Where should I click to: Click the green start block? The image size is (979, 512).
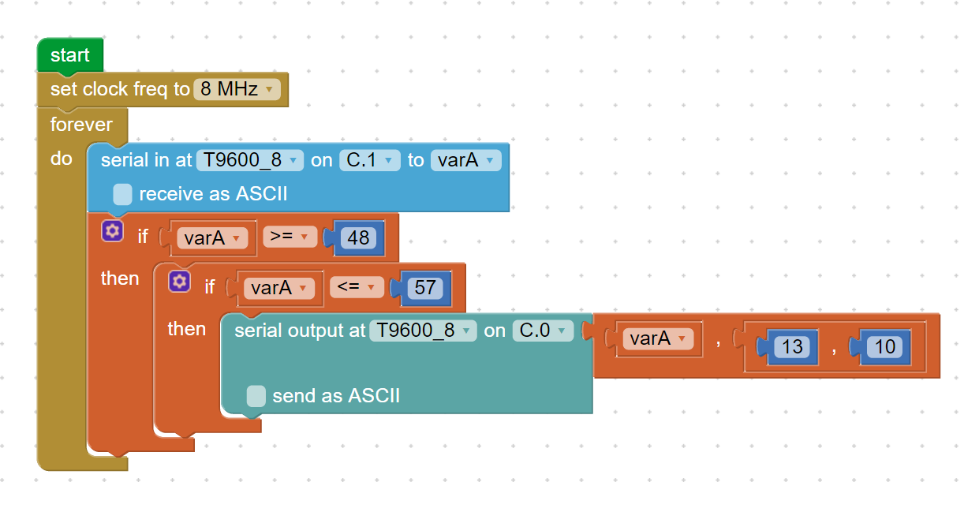click(x=70, y=55)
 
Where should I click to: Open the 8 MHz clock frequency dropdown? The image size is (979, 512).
click(x=237, y=89)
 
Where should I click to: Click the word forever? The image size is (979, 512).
click(x=81, y=125)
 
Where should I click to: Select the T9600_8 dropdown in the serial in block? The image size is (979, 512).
click(x=249, y=160)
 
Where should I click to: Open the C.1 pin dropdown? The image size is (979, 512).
click(x=370, y=160)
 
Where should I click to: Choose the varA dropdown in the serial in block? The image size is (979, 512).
click(x=466, y=160)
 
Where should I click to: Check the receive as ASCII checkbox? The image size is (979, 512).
click(x=122, y=194)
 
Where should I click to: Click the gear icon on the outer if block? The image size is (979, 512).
click(x=112, y=231)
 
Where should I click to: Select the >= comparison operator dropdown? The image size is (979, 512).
click(x=290, y=237)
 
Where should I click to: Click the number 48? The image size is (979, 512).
click(x=358, y=237)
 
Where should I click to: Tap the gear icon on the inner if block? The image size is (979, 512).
click(x=179, y=281)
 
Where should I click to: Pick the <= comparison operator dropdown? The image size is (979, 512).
click(x=357, y=287)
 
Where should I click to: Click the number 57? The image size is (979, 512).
click(x=425, y=288)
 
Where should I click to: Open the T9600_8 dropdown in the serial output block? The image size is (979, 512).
click(x=423, y=331)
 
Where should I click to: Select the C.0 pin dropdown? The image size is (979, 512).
click(x=543, y=331)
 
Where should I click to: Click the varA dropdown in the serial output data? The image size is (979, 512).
click(x=658, y=339)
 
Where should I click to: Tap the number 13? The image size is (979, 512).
click(x=792, y=347)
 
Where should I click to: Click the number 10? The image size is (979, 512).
click(x=885, y=347)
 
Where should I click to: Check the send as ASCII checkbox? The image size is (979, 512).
click(x=256, y=396)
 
